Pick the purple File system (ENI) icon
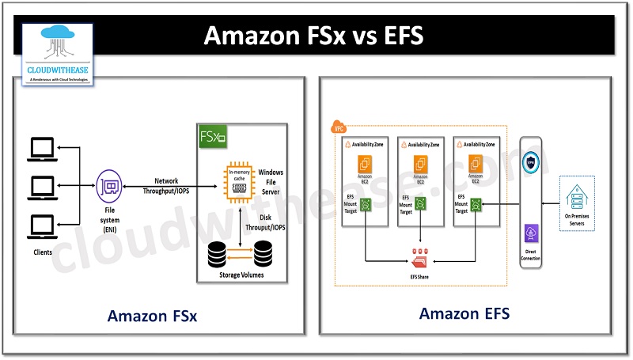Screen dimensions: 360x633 point(108,187)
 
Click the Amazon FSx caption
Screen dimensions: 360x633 point(152,316)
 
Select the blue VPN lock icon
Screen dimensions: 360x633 point(531,161)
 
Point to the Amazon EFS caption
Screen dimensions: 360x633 point(464,314)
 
